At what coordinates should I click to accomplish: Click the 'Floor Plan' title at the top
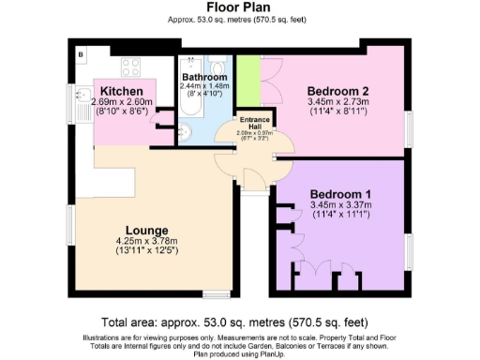240,7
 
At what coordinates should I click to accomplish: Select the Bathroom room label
203,77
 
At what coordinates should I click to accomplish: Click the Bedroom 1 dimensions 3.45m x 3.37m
340,205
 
